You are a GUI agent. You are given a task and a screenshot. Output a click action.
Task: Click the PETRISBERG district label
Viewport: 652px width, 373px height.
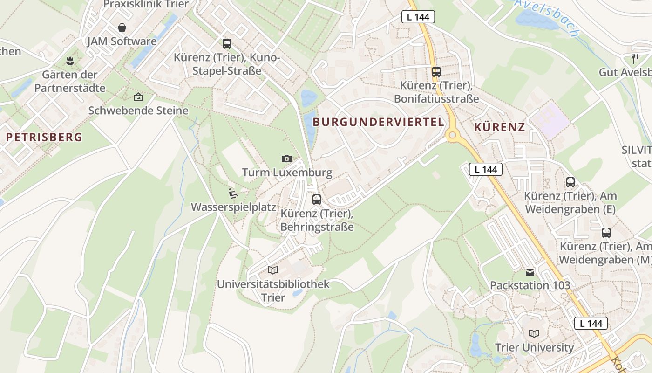click(44, 137)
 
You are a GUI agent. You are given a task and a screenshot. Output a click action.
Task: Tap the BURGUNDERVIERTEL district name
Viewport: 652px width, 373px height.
click(378, 122)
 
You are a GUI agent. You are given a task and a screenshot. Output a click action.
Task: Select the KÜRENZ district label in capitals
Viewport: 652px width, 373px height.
click(500, 127)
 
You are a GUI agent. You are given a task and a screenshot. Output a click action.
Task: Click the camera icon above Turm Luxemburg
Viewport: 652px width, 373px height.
click(287, 159)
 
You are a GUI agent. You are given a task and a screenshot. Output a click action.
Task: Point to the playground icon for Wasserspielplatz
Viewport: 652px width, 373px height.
click(233, 193)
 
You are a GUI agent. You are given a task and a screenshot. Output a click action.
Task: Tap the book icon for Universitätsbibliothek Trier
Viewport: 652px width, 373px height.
click(273, 270)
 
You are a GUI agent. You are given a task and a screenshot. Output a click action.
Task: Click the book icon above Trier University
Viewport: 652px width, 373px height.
click(534, 333)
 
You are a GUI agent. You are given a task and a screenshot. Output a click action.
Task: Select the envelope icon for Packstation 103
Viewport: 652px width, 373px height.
click(530, 272)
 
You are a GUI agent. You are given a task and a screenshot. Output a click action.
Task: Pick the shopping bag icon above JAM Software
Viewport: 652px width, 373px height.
click(122, 28)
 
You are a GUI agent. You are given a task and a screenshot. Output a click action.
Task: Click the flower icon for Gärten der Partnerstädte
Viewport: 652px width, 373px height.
click(70, 60)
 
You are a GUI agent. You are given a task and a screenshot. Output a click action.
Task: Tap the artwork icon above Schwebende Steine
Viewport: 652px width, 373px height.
click(138, 97)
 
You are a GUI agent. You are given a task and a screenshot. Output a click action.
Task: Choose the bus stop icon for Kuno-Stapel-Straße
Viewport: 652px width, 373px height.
click(227, 44)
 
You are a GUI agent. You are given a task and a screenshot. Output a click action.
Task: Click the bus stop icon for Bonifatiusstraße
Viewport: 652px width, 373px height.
click(436, 72)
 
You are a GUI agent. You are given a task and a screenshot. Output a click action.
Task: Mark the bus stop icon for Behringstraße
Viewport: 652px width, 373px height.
click(317, 200)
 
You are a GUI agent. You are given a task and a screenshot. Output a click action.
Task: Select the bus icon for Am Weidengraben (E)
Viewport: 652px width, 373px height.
click(570, 182)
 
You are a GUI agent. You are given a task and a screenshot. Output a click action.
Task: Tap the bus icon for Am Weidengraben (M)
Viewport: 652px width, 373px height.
click(606, 232)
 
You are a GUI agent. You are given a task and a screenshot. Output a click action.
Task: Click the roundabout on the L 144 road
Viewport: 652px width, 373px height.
click(452, 136)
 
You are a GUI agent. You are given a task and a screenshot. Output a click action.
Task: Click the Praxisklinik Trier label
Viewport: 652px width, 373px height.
click(146, 4)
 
